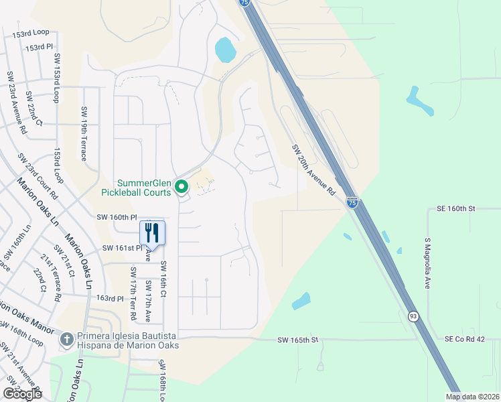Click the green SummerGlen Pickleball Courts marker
181,186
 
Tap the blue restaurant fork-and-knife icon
152,232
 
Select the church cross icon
66,340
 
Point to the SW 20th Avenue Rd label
313,170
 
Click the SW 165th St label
300,340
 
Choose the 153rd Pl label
40,47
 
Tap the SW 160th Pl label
117,217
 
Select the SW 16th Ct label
162,280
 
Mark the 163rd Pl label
111,297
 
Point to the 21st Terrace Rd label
52,277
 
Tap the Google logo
23,394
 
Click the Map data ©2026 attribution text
472,397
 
